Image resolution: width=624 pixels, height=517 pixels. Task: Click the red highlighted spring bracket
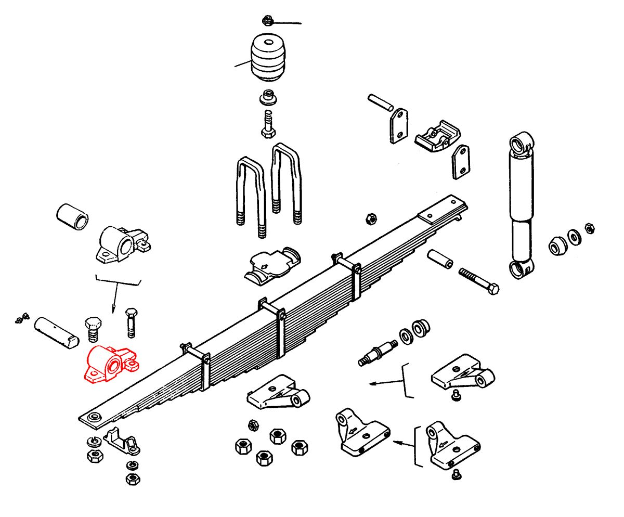(111, 365)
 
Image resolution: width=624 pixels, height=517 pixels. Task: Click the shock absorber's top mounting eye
(521, 142)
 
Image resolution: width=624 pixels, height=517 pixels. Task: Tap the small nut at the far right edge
(589, 227)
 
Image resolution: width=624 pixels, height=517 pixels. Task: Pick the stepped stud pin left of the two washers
(379, 353)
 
